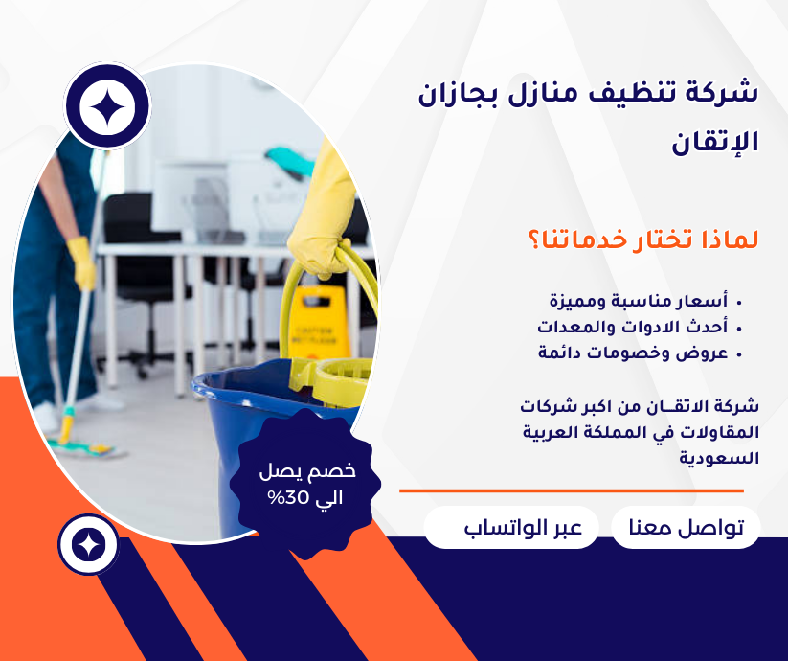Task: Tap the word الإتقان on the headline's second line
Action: tap(714, 143)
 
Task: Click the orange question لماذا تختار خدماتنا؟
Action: tap(643, 239)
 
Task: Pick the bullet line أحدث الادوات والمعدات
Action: tap(640, 328)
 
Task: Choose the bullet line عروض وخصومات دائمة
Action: tap(640, 353)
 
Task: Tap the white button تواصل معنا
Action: tap(686, 527)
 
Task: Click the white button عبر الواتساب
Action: tap(511, 527)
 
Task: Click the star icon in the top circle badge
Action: tap(107, 106)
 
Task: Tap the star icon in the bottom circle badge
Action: tap(89, 545)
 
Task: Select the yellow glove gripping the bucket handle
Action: tap(322, 211)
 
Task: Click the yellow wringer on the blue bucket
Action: tap(332, 380)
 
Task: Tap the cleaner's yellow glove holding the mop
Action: tap(82, 262)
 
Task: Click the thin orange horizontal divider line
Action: tap(572, 490)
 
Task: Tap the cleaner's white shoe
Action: tap(45, 418)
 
